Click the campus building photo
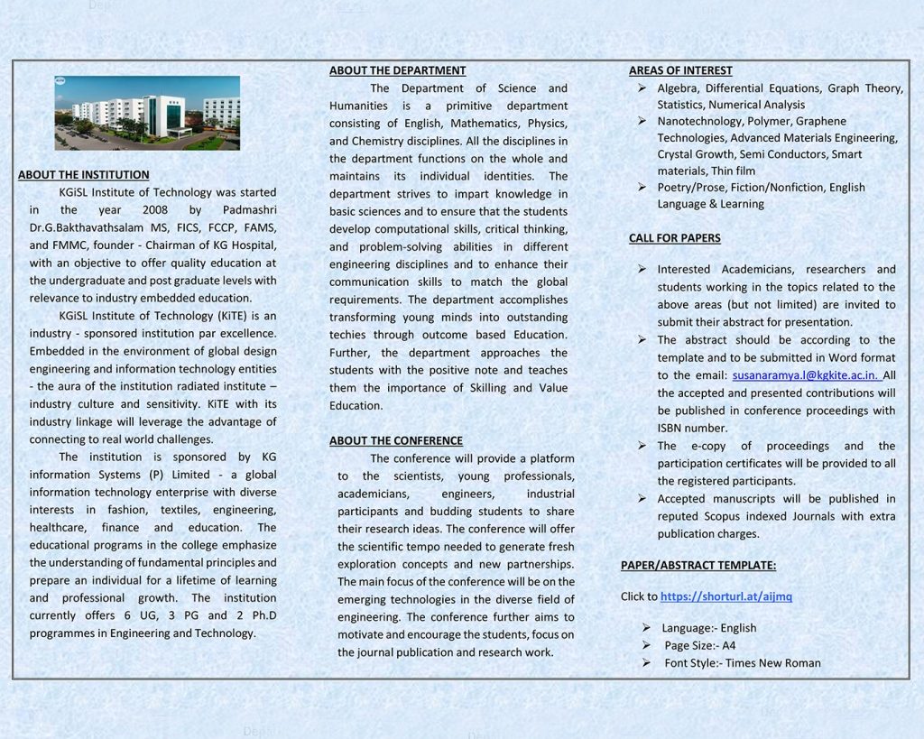pos(147,113)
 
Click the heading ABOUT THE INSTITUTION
pos(84,175)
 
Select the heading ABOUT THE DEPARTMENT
pos(397,70)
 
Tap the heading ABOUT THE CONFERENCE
pos(395,441)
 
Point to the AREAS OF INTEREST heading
pos(680,70)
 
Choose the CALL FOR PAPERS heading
pos(674,238)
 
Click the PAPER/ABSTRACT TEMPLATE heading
pos(698,566)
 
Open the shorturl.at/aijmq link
pos(726,596)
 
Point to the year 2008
pos(155,210)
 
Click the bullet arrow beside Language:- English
pos(647,628)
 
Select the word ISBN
pos(672,429)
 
